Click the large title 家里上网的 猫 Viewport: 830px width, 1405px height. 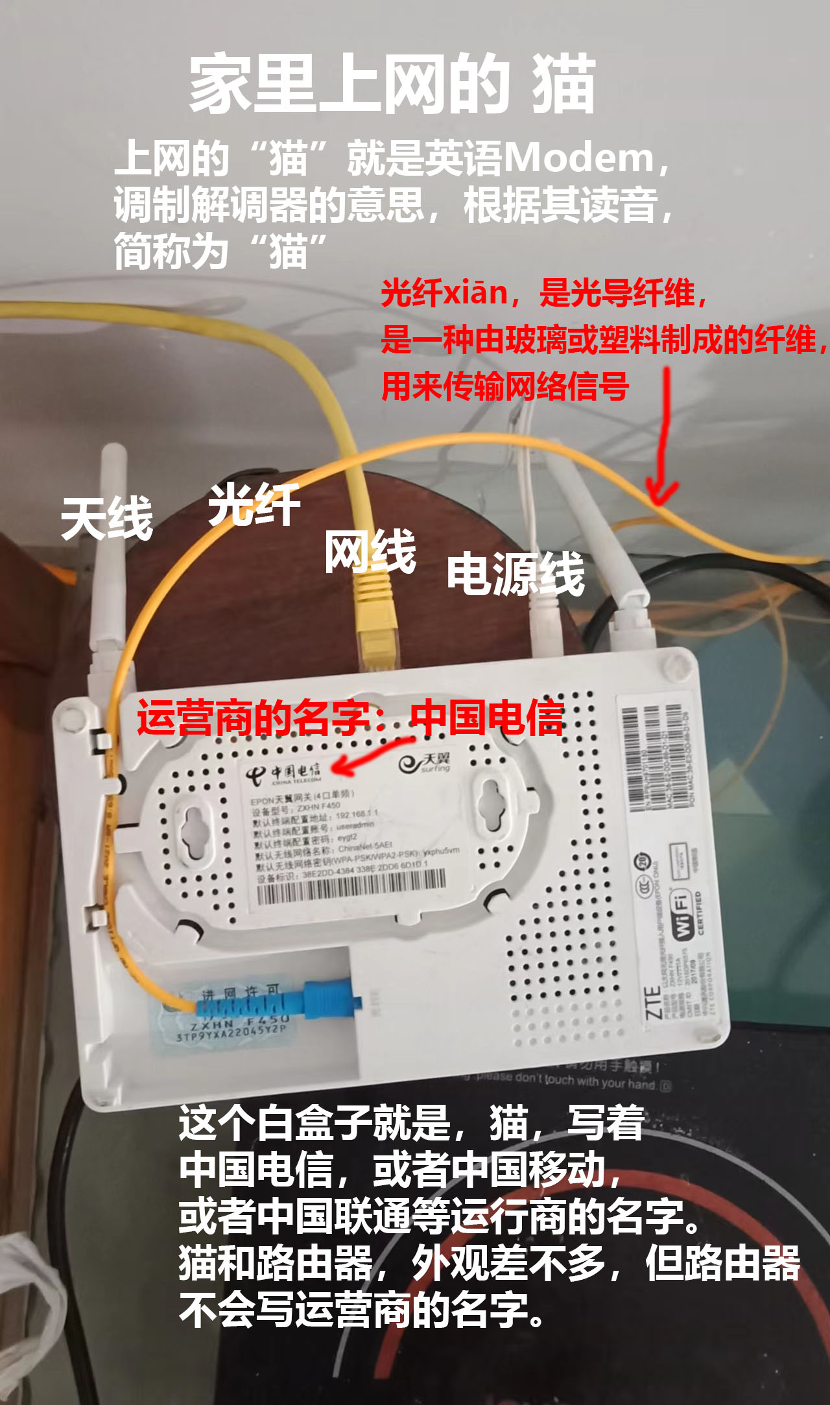392,84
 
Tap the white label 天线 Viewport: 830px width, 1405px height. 107,519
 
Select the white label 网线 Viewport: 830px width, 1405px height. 370,551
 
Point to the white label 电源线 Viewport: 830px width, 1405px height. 516,574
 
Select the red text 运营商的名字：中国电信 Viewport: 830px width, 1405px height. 350,718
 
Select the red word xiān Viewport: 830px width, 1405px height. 475,293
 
